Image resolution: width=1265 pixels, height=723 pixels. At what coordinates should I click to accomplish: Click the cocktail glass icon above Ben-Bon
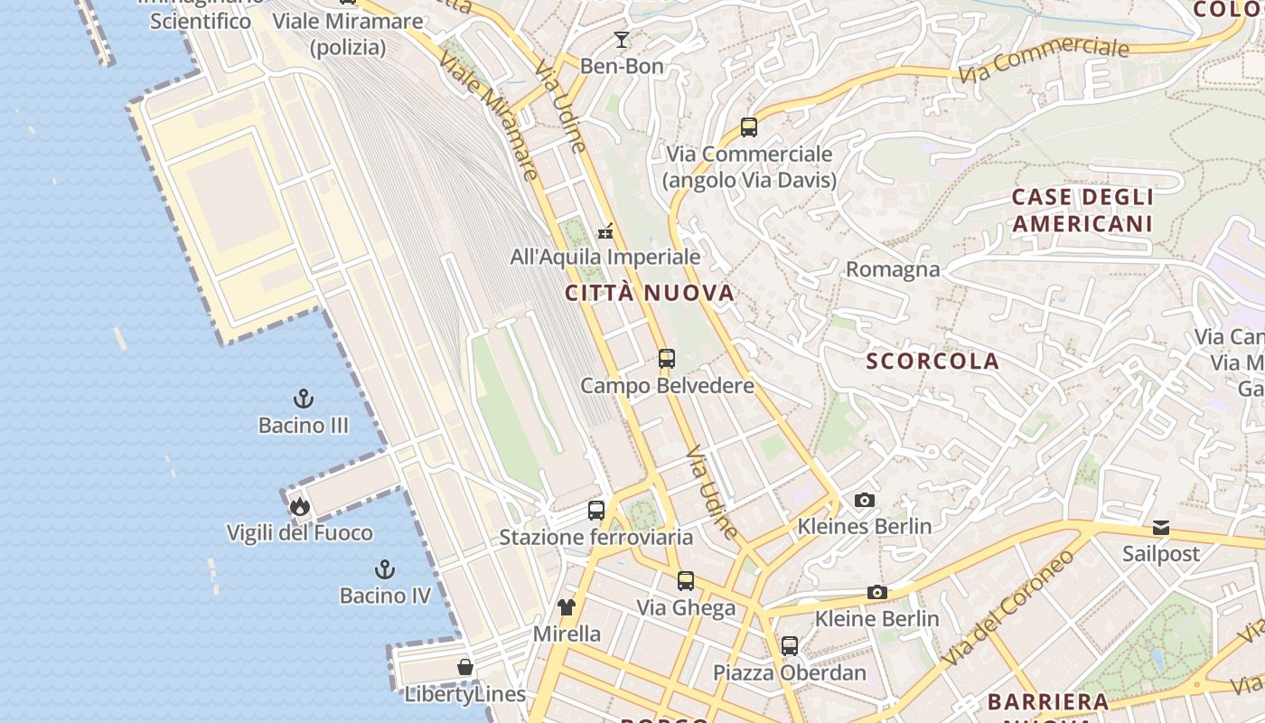point(622,39)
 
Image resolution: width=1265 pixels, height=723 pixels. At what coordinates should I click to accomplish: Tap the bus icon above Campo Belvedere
point(667,359)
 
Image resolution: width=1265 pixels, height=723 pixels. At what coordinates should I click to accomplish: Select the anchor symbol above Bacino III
point(304,399)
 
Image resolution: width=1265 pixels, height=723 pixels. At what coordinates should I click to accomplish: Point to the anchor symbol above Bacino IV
point(385,569)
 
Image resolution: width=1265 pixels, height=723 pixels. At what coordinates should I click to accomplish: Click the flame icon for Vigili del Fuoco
point(300,507)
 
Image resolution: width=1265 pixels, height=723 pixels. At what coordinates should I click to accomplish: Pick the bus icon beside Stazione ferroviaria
point(596,511)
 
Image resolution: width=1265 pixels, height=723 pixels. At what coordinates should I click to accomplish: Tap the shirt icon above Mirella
point(567,607)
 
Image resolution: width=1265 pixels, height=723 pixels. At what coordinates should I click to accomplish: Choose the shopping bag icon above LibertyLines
point(464,668)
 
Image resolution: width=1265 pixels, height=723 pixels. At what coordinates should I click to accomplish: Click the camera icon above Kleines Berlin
point(865,501)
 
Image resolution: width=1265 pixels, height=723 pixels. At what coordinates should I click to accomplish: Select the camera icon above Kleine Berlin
point(876,593)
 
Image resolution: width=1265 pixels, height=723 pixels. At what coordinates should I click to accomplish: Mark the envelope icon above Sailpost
point(1161,528)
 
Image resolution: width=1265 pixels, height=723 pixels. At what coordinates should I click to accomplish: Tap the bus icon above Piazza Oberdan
point(790,646)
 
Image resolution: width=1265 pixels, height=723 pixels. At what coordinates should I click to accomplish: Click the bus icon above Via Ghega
point(686,581)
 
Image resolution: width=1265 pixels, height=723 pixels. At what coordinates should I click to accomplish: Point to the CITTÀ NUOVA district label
point(650,293)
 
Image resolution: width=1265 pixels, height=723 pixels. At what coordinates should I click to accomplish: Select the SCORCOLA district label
point(932,361)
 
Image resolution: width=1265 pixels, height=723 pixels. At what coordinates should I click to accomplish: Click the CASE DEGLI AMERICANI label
point(1082,210)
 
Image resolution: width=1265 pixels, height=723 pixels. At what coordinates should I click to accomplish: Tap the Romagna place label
point(893,269)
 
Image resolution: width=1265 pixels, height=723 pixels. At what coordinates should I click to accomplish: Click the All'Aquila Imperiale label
point(605,257)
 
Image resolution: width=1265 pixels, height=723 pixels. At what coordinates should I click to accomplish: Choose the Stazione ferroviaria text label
point(596,538)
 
